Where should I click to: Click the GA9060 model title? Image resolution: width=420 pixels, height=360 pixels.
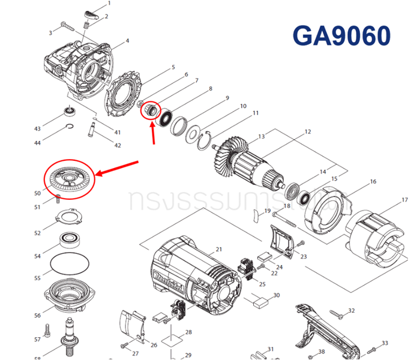pyautogui.click(x=341, y=35)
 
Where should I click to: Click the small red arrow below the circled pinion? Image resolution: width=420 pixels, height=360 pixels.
pyautogui.click(x=155, y=133)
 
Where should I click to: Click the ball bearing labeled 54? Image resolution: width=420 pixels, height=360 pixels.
pyautogui.click(x=71, y=241)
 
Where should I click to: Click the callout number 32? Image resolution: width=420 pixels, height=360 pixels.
pyautogui.click(x=352, y=311)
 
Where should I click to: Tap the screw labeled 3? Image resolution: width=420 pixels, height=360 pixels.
pyautogui.click(x=65, y=26)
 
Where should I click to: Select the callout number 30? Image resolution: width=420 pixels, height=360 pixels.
pyautogui.click(x=276, y=295)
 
